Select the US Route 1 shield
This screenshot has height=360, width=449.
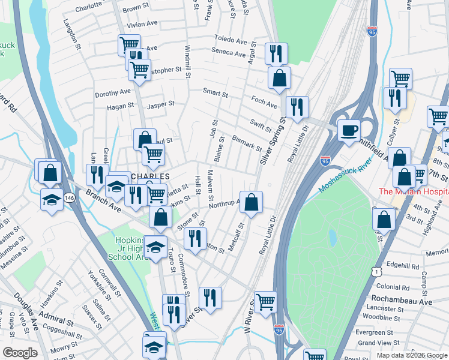376,272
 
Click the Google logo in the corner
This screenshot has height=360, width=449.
20,353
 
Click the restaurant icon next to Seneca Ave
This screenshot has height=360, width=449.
276,54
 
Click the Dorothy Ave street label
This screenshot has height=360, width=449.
112,92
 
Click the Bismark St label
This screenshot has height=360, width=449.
246,143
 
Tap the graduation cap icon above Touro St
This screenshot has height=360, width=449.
155,247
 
